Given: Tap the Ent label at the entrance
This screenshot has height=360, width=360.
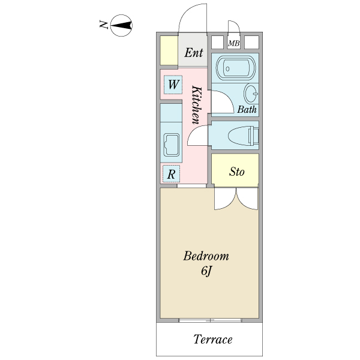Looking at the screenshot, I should pyautogui.click(x=193, y=53).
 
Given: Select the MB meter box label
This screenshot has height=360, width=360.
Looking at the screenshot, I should pyautogui.click(x=234, y=43).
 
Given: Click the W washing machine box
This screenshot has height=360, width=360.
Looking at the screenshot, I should pyautogui.click(x=172, y=85).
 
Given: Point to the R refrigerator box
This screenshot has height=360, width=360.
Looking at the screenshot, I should pyautogui.click(x=172, y=175).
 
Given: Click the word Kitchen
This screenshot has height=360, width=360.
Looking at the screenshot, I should pyautogui.click(x=196, y=105).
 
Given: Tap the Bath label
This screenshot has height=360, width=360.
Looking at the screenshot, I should pyautogui.click(x=247, y=110).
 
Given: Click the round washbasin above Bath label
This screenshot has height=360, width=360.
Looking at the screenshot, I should pyautogui.click(x=251, y=94).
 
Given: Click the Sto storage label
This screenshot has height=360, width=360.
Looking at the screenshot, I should pyautogui.click(x=236, y=172).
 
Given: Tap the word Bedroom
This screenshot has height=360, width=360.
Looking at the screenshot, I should pyautogui.click(x=206, y=257).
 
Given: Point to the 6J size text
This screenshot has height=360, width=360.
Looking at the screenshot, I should pyautogui.click(x=206, y=271).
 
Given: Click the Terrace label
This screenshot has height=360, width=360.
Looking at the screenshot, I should pyautogui.click(x=212, y=340).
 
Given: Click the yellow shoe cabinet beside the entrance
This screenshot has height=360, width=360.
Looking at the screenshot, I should pyautogui.click(x=169, y=50).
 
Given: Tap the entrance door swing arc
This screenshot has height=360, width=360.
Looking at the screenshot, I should pyautogui.click(x=192, y=18).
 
